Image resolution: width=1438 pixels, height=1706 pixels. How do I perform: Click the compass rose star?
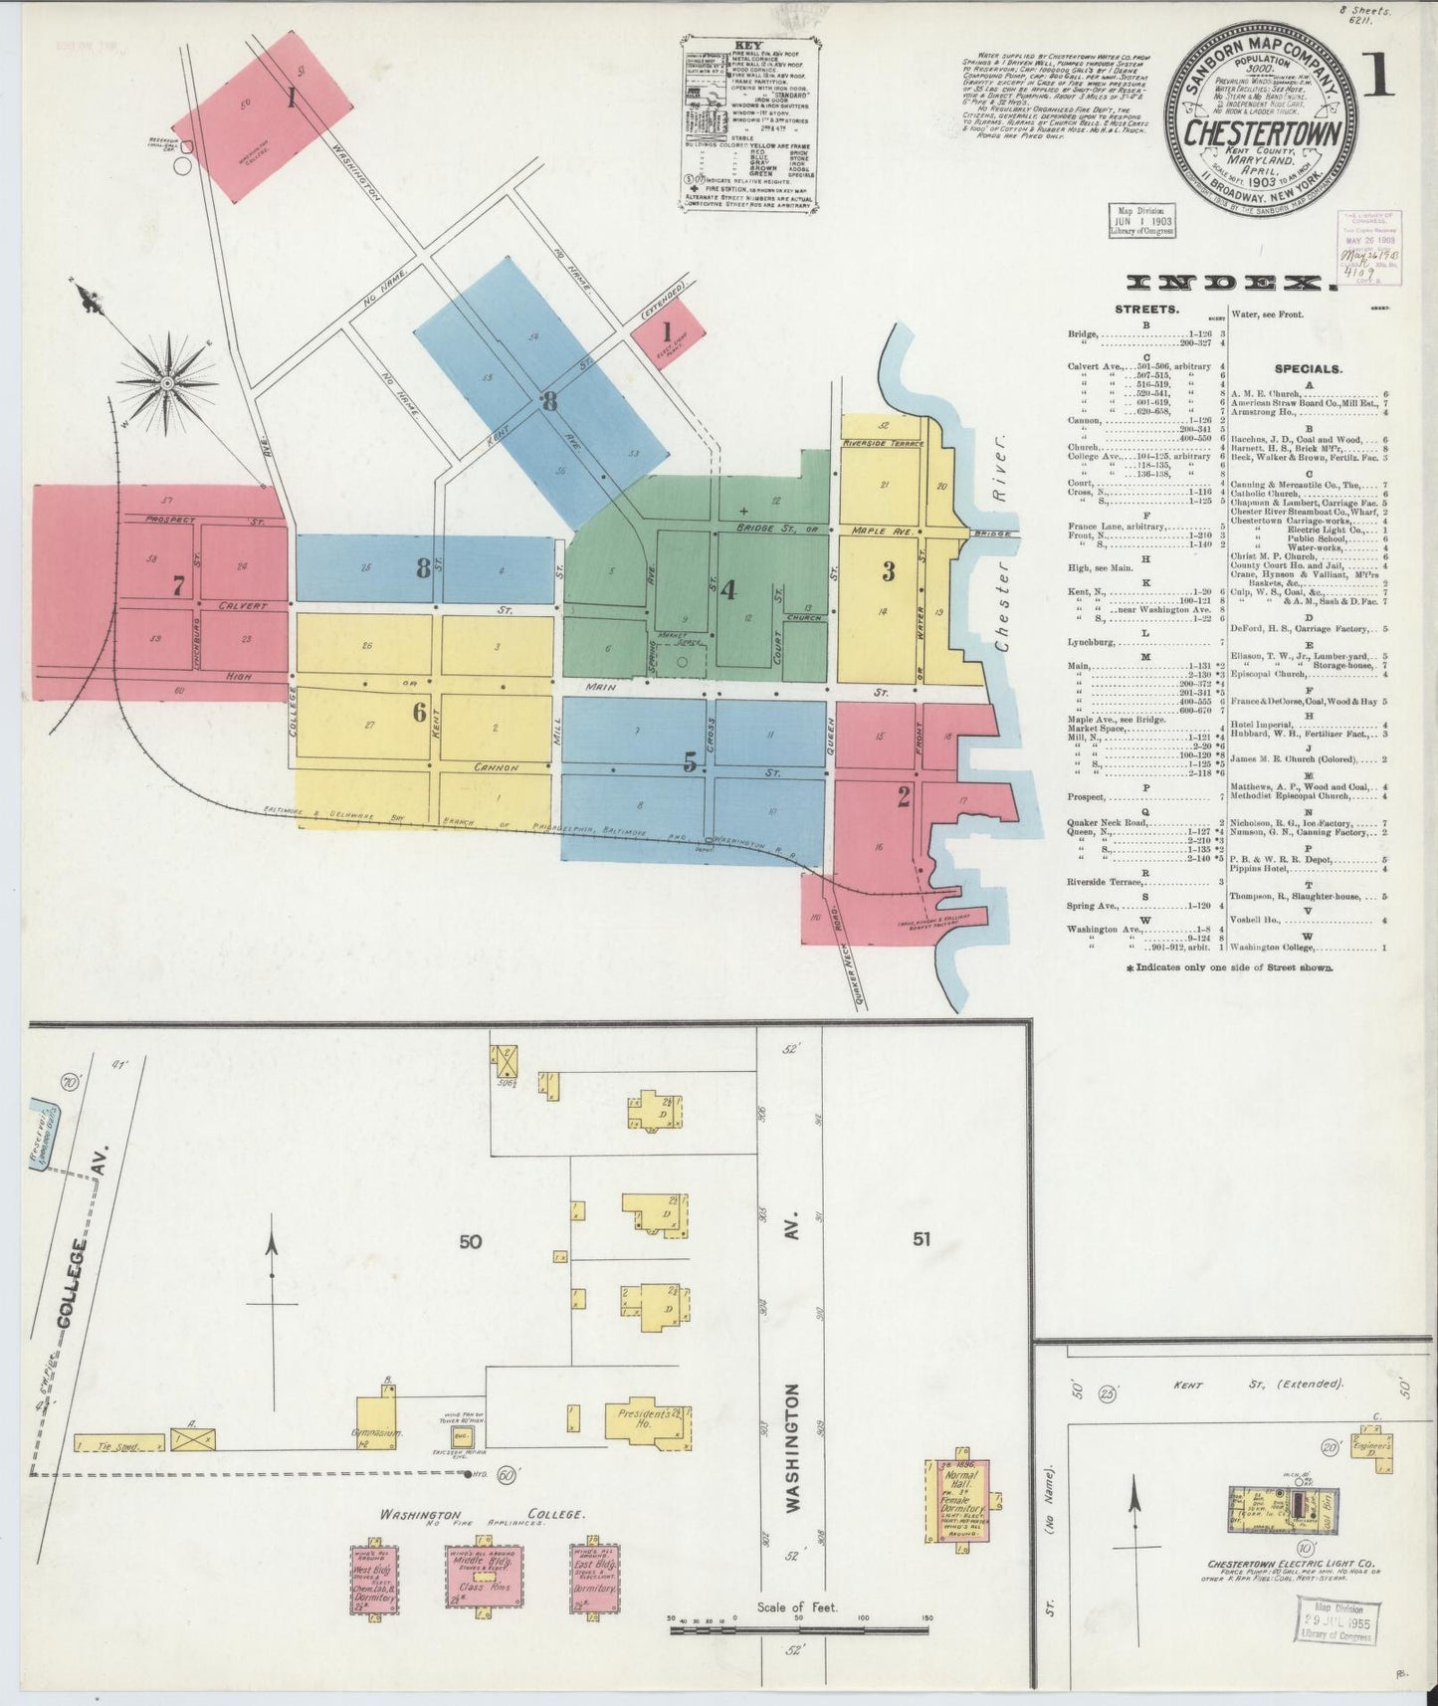[x=167, y=380]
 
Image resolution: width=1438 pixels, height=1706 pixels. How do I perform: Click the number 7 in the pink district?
[x=178, y=585]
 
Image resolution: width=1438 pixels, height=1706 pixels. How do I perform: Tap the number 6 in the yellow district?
[x=420, y=713]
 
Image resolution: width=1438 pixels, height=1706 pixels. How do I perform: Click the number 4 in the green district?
[x=727, y=590]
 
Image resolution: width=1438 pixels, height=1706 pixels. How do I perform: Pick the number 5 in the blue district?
[x=690, y=762]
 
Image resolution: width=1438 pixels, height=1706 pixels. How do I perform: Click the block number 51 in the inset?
[x=923, y=1239]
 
